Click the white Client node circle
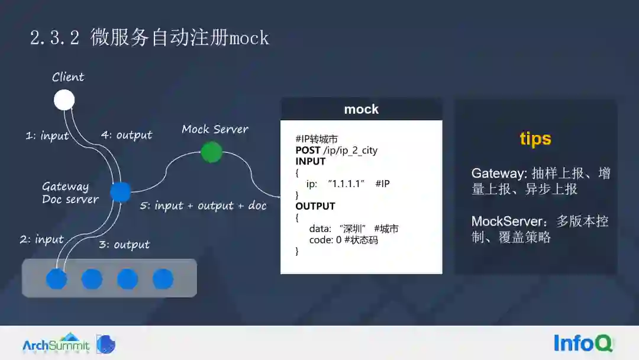[x=64, y=100]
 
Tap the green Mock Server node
[x=211, y=152]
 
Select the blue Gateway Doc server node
[x=121, y=192]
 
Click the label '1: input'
[x=47, y=136]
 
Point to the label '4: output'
[x=127, y=135]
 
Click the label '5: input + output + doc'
[x=203, y=206]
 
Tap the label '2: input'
[x=41, y=239]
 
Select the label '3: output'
[x=124, y=245]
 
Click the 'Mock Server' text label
[x=215, y=129]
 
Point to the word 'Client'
[x=68, y=77]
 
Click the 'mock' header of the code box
[x=361, y=110]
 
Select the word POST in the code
[x=308, y=150]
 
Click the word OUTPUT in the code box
[x=315, y=206]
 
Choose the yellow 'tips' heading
[x=535, y=139]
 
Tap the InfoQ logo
[x=583, y=343]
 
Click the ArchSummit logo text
[x=56, y=345]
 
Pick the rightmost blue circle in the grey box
[x=163, y=278]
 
